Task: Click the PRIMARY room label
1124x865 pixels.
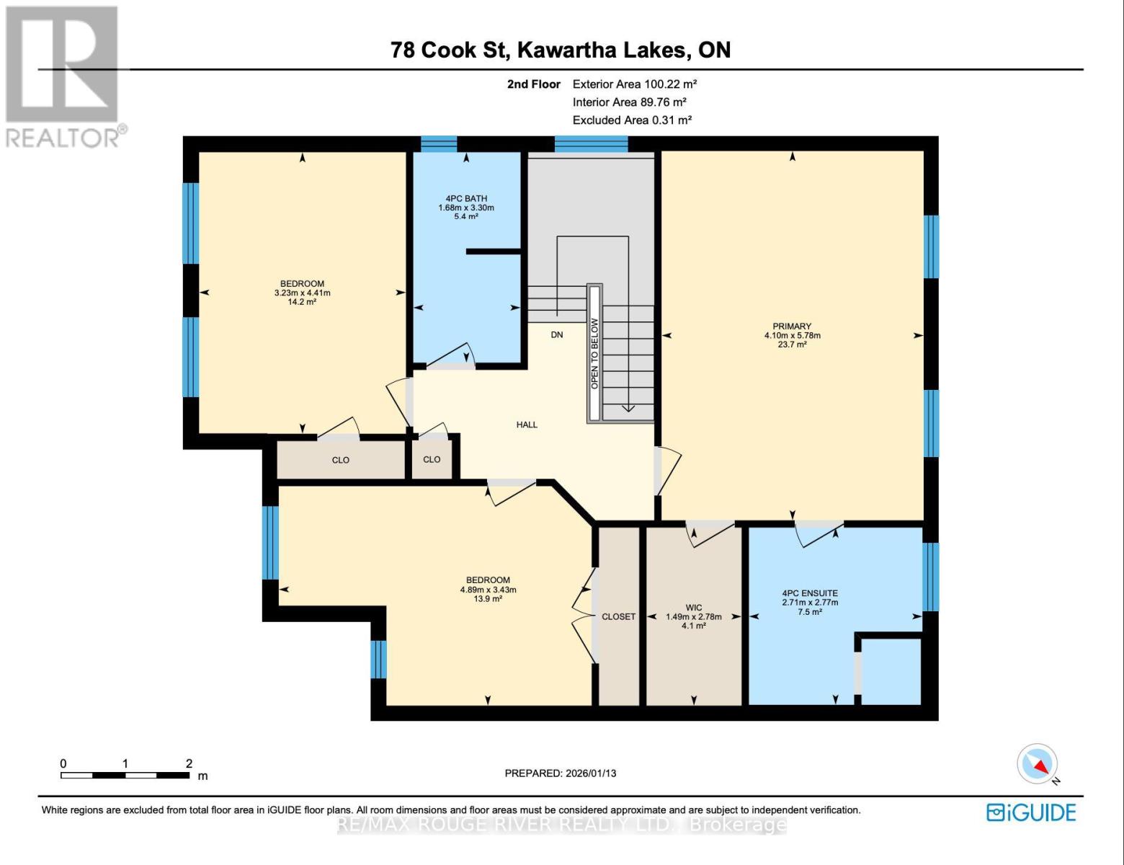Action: pos(792,326)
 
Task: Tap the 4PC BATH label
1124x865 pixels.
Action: pos(466,198)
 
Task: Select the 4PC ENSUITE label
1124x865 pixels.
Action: pos(810,593)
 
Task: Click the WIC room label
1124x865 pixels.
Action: pos(694,608)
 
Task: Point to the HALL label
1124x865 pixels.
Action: pos(527,425)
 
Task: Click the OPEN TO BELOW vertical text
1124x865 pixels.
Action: pos(594,353)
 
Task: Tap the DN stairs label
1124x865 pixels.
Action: pos(557,334)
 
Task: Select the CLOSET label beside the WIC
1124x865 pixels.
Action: pos(618,616)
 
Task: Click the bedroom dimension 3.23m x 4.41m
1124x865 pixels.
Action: pos(302,293)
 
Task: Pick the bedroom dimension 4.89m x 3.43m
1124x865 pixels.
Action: pos(488,590)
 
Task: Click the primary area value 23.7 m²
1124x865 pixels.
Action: pos(792,345)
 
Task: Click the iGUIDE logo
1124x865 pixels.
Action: pos(1031,812)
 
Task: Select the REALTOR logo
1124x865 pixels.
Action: pos(63,76)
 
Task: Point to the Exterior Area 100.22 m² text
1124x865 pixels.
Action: pos(634,84)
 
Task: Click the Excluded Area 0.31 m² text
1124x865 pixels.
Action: pos(632,120)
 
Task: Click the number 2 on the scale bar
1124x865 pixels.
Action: pos(189,763)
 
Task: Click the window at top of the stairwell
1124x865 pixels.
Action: pos(591,144)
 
